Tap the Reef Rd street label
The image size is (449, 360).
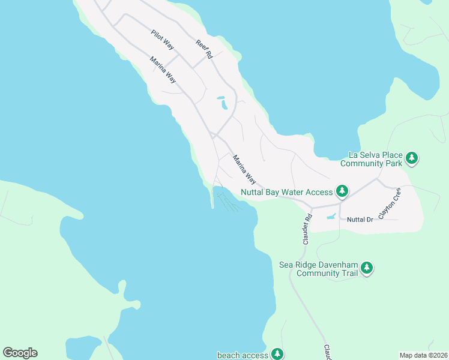tap(204, 49)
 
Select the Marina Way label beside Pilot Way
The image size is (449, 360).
tap(163, 69)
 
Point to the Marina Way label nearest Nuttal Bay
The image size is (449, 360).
tap(244, 170)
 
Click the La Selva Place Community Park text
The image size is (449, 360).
tap(370, 158)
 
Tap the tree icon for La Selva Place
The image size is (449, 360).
tap(412, 158)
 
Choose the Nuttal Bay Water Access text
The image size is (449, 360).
tap(286, 192)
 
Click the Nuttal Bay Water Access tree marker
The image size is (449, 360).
tap(342, 191)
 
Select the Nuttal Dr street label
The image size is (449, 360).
tap(360, 220)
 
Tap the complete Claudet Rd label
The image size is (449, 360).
tap(307, 229)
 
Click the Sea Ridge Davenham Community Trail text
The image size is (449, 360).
tap(319, 269)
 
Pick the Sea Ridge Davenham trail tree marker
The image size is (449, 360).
tap(366, 268)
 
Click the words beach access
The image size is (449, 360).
tap(243, 355)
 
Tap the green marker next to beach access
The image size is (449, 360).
tap(277, 354)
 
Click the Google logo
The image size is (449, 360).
tap(20, 353)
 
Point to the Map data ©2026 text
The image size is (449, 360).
tap(423, 355)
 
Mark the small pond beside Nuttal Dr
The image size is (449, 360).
tap(331, 217)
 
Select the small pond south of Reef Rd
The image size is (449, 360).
tap(223, 103)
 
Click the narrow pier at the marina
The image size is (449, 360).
tap(212, 197)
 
